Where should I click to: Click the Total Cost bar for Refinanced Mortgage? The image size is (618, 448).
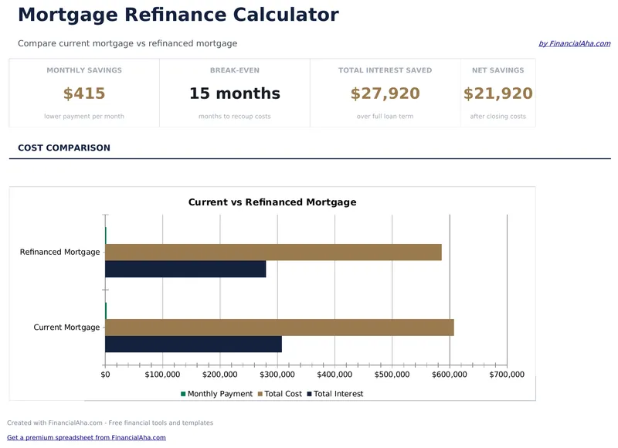tap(273, 253)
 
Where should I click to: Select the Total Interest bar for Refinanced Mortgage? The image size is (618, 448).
tap(185, 269)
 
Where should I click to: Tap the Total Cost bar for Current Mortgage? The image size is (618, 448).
tap(279, 328)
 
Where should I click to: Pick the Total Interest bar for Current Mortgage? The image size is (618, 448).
tap(193, 344)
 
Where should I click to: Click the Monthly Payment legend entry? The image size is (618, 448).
tap(216, 394)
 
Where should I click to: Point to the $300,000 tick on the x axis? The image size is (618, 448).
tap(277, 375)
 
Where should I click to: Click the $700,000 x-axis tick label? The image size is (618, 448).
tap(507, 375)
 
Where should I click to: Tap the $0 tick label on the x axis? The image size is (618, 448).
tap(105, 375)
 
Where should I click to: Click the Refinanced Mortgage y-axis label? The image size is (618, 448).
tap(59, 252)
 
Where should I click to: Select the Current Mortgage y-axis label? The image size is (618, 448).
tap(66, 328)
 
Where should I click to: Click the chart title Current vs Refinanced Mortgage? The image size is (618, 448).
tap(272, 202)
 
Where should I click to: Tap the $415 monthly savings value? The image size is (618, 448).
tap(84, 94)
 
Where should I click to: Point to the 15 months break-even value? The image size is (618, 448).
tap(234, 94)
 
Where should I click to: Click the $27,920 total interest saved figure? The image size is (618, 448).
tap(385, 94)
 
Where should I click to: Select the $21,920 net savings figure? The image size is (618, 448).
tap(497, 94)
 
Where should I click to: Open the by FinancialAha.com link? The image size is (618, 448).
tap(574, 44)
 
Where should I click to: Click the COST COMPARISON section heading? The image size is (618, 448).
tap(64, 148)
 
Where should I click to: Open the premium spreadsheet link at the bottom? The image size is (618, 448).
tap(87, 438)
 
